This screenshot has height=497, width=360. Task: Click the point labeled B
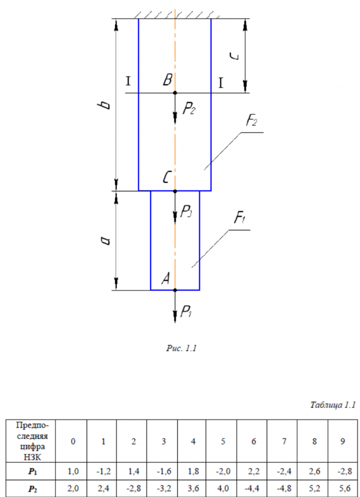175,93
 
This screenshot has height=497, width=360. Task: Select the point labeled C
175,191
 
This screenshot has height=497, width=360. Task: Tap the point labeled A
175,290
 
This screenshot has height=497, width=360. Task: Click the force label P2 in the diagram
189,109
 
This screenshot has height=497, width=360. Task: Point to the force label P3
186,213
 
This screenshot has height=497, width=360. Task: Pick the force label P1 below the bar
186,312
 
